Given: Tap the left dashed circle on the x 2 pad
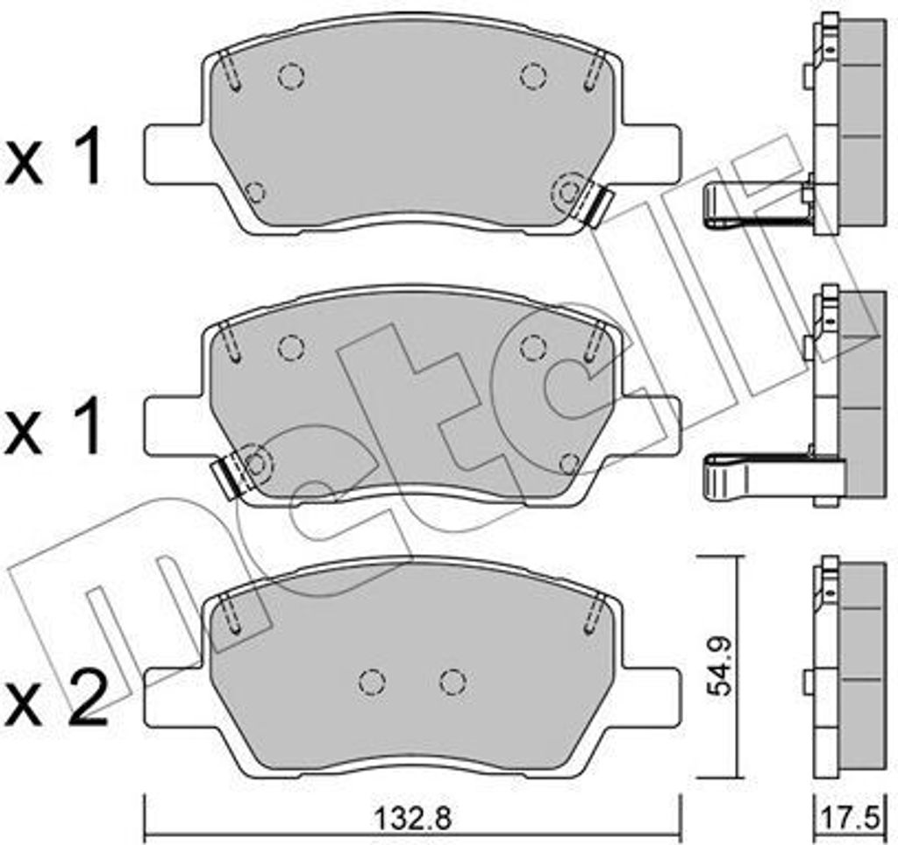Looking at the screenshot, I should [373, 681].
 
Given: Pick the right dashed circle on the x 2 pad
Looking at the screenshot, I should [451, 681].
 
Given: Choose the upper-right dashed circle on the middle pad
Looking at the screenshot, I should [531, 348].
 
